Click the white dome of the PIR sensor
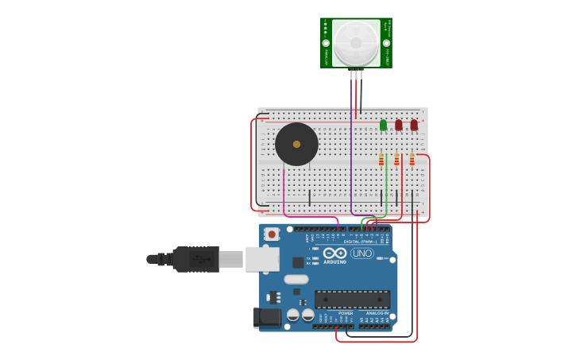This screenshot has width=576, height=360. [356, 42]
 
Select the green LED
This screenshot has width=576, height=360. [383, 125]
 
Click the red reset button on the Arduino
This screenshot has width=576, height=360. [273, 234]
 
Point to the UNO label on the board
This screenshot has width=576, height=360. [362, 254]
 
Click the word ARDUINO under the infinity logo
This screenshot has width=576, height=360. [334, 261]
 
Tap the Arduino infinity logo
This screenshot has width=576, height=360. [334, 253]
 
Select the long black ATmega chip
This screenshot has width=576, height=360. [352, 299]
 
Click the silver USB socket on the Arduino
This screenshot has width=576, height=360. [262, 259]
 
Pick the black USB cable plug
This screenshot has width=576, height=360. [195, 259]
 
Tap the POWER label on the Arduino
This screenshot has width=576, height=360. [346, 313]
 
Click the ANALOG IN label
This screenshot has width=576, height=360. [377, 313]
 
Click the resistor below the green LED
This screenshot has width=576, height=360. [381, 161]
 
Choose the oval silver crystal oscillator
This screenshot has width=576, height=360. [296, 279]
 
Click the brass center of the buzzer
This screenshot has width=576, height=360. [296, 144]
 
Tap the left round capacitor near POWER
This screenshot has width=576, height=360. [293, 315]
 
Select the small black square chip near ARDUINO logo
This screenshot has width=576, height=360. [298, 262]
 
